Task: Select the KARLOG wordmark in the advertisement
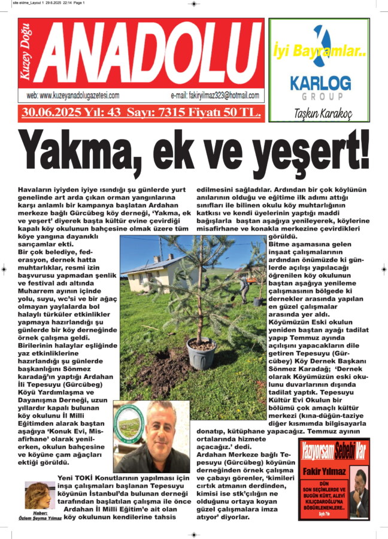[320, 83]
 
